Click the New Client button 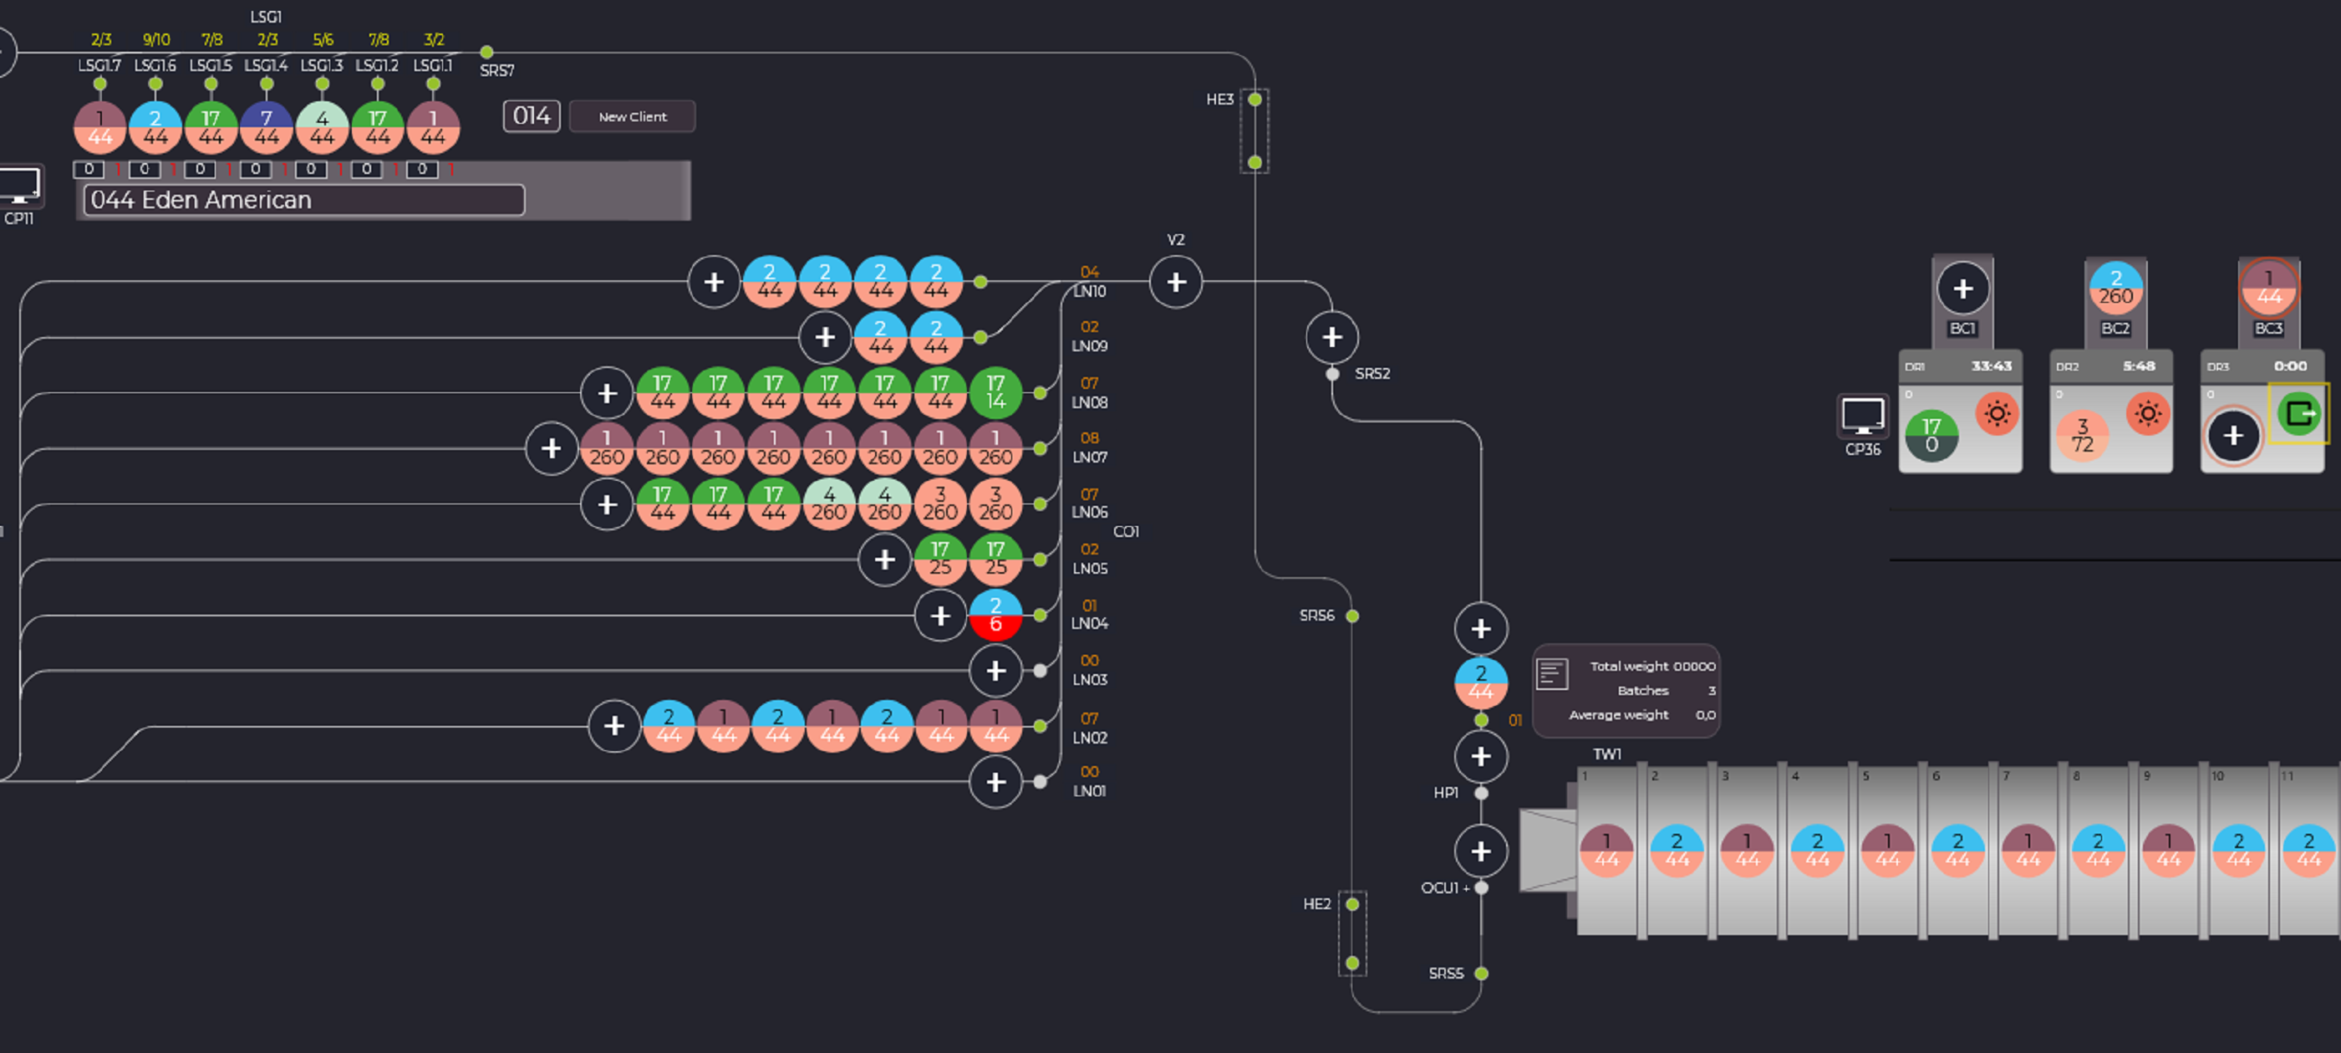pyautogui.click(x=633, y=116)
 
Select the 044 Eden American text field pyautogui.click(x=303, y=200)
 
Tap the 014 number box pyautogui.click(x=532, y=115)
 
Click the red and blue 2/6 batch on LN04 pyautogui.click(x=995, y=615)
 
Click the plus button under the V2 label pyautogui.click(x=1175, y=282)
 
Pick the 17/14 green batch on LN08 pyautogui.click(x=995, y=393)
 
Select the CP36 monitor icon pyautogui.click(x=1862, y=417)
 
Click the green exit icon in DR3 pyautogui.click(x=2298, y=414)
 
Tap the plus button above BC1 pyautogui.click(x=1962, y=289)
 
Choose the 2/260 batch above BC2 pyautogui.click(x=2115, y=288)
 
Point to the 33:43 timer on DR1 pyautogui.click(x=1991, y=366)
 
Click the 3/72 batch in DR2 pyautogui.click(x=2082, y=436)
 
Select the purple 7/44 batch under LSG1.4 pyautogui.click(x=267, y=127)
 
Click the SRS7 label pyautogui.click(x=496, y=70)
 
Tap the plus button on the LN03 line pyautogui.click(x=995, y=670)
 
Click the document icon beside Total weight pyautogui.click(x=1551, y=674)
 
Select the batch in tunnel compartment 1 pyautogui.click(x=1606, y=851)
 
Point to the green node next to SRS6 pyautogui.click(x=1352, y=616)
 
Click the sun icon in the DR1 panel pyautogui.click(x=1997, y=414)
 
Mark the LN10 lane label pyautogui.click(x=1089, y=292)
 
